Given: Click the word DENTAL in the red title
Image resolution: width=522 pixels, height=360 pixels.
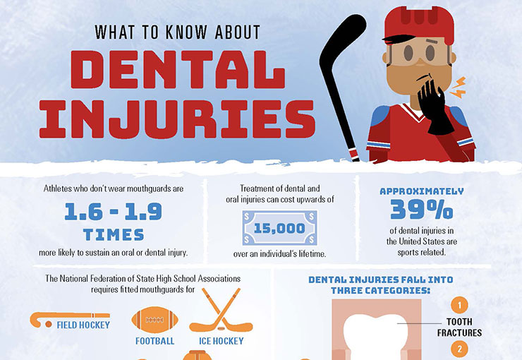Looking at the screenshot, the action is pos(178,70).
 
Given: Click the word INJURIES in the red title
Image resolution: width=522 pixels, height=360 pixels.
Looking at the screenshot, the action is pos(177,119).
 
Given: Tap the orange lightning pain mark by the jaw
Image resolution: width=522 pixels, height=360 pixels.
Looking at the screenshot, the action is pos(458,88).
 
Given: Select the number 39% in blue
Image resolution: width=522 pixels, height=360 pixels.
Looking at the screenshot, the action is pos(421,209).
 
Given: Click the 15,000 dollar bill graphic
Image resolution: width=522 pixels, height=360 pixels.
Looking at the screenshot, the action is pos(279,228).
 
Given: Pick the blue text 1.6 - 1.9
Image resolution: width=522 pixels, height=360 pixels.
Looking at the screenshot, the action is pos(113,212).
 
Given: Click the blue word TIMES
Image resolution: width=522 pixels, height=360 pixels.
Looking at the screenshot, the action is pos(114,235).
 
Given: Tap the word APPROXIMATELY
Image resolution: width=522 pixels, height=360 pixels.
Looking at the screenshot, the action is pos(421,191).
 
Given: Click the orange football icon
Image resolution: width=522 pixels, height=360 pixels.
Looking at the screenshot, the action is pos(154,320).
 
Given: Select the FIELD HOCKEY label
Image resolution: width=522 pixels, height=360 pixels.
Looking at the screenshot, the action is pos(83,325).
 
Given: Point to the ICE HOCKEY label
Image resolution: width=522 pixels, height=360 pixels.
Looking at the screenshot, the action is pos(221,341).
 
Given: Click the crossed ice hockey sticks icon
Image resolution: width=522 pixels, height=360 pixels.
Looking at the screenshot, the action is pos(221,310).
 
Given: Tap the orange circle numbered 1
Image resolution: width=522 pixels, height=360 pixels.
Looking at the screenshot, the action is pos(460,305).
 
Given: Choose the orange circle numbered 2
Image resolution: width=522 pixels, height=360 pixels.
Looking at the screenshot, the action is pos(460,349).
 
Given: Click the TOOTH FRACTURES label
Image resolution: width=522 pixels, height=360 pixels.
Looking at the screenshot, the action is pos(459,327).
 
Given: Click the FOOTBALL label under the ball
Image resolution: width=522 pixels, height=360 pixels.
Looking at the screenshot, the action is pos(154,341).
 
